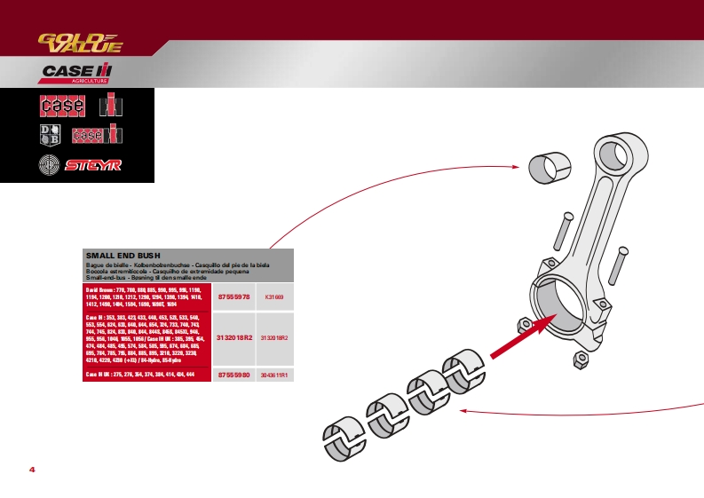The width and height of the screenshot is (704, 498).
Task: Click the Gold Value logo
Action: click(79, 42)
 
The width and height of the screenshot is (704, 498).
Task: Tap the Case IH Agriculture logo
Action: click(77, 73)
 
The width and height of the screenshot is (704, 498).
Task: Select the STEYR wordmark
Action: click(98, 165)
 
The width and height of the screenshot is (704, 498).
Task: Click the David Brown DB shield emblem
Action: click(50, 135)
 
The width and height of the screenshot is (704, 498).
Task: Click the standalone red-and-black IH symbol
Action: click(111, 105)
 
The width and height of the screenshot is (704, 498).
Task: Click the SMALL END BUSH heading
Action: click(123, 256)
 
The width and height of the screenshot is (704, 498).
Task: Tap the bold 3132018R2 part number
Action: click(234, 338)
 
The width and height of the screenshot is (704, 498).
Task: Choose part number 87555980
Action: click(234, 375)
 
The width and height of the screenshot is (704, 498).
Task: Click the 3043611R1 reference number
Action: click(274, 375)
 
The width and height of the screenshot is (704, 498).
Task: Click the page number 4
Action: click(32, 469)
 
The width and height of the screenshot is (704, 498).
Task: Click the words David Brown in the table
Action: click(99, 290)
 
